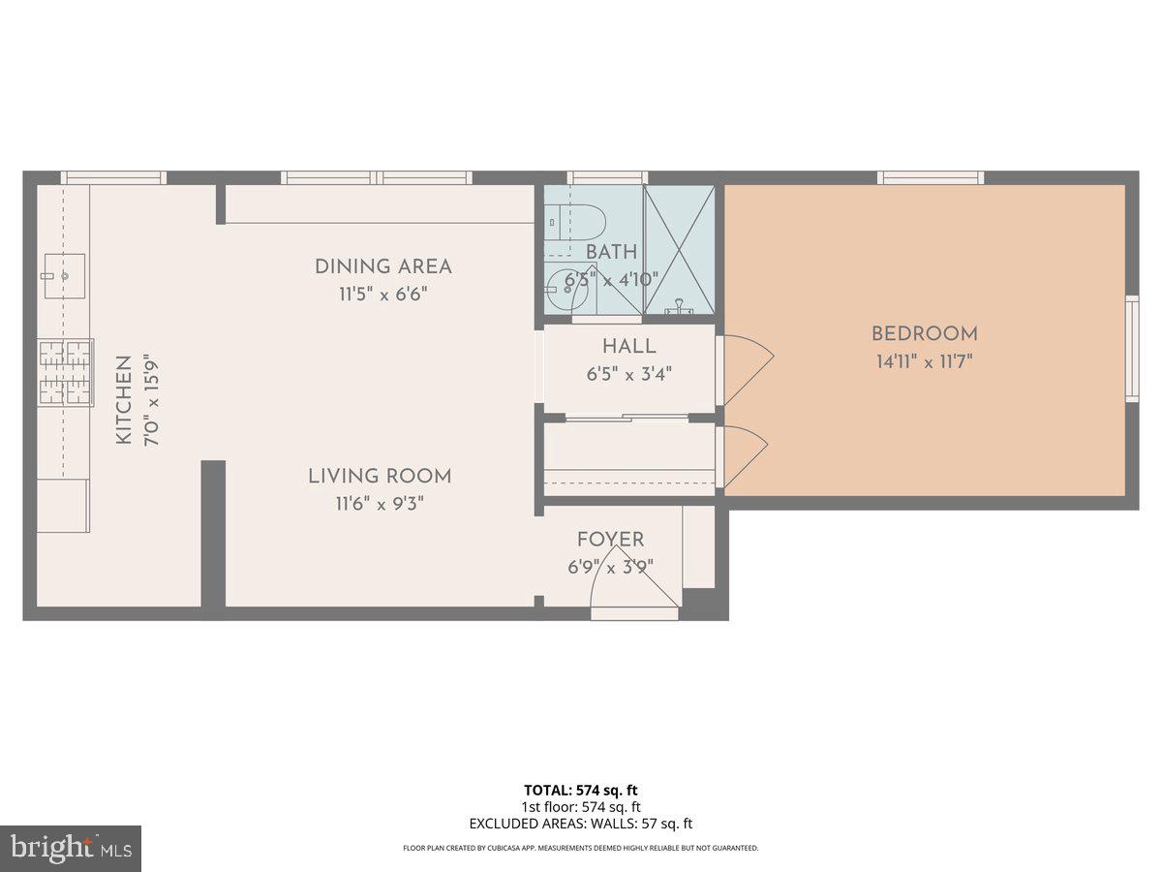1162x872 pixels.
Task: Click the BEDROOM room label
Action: point(924,334)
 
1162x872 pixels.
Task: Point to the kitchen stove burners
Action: point(65,372)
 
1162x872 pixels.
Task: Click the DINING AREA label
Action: point(382,266)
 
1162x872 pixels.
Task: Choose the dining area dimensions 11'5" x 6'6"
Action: point(382,295)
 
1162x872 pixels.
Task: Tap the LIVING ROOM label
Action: point(380,476)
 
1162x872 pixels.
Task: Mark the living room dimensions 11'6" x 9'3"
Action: point(380,504)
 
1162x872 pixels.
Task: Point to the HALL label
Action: point(628,347)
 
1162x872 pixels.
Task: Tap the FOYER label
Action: point(610,541)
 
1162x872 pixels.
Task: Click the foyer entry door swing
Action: point(634,581)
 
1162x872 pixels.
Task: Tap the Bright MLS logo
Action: point(71,848)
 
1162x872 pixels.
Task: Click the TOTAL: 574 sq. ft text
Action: point(581,790)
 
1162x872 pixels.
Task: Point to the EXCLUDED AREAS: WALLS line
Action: point(581,824)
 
